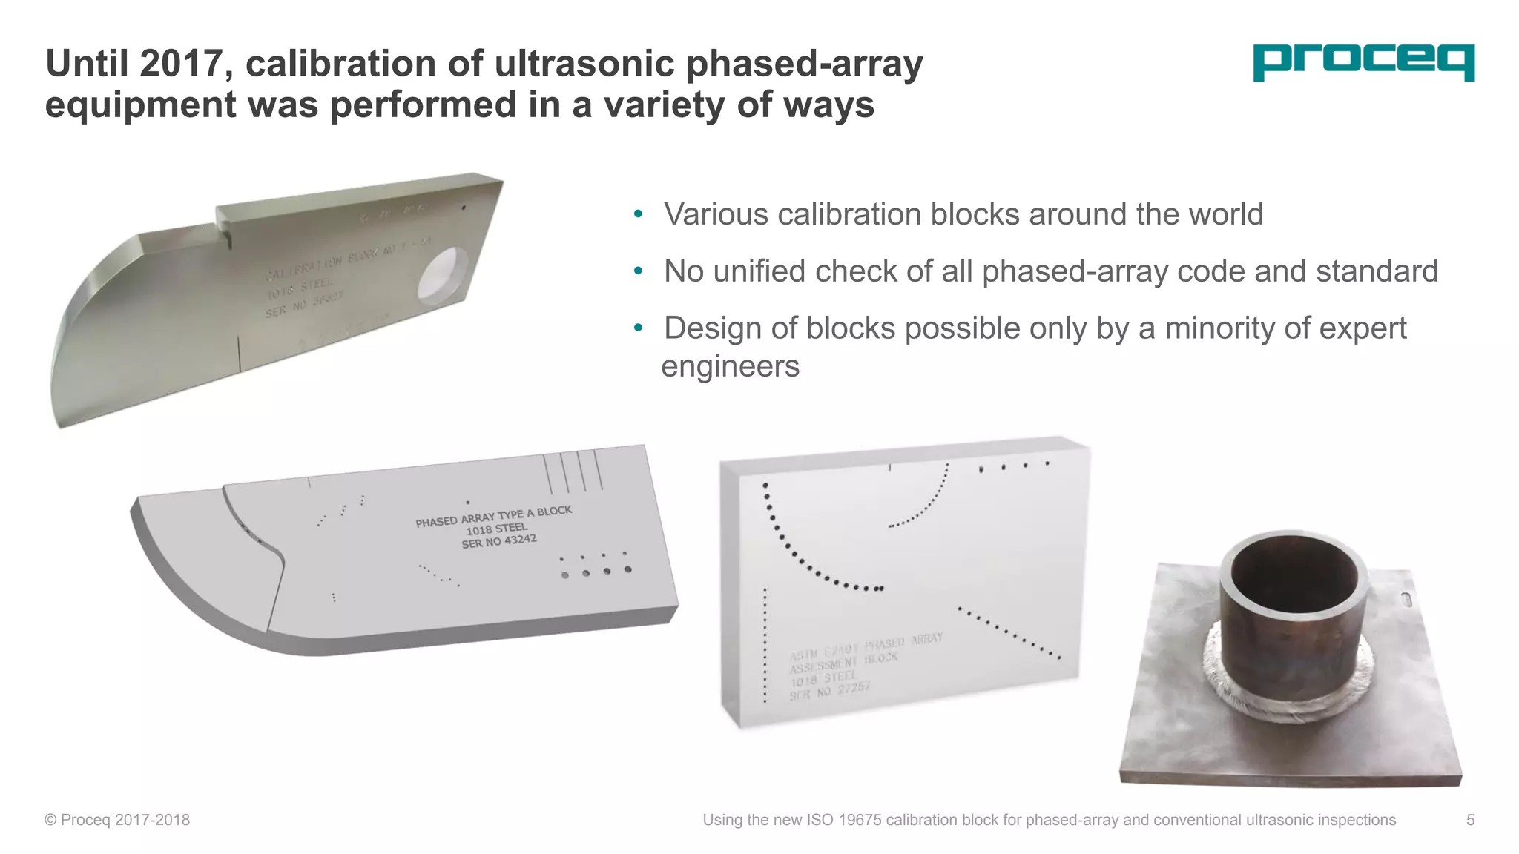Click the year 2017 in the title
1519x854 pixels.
pos(181,64)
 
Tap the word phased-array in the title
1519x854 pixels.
pos(804,64)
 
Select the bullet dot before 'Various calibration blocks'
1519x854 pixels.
pos(638,215)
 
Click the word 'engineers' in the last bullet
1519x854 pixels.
pos(730,366)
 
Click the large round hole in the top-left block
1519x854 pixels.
pos(443,275)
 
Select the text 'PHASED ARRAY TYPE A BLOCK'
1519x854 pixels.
pos(493,516)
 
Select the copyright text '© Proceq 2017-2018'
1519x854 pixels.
pos(117,820)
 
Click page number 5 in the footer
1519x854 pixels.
pos(1470,820)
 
